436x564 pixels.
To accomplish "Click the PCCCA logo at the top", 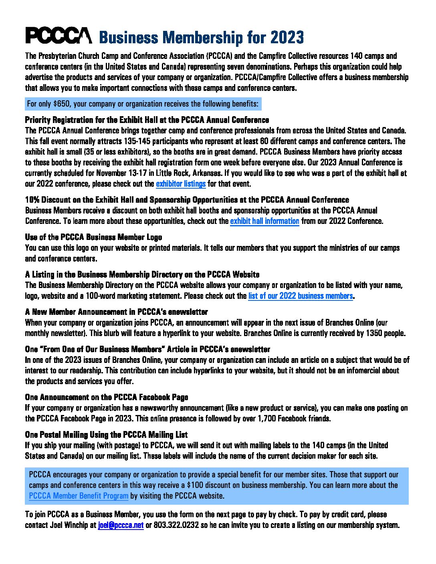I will click(59, 36).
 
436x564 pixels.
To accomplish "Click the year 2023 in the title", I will click(287, 38).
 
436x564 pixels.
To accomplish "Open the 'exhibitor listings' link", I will click(181, 184).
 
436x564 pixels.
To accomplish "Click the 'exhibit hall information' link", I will click(264, 221).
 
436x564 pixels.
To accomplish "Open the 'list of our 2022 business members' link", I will click(301, 296).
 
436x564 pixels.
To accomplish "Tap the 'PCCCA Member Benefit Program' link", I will click(79, 496).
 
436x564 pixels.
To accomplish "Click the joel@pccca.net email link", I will click(121, 525).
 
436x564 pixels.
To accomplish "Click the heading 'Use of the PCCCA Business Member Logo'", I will click(93, 237).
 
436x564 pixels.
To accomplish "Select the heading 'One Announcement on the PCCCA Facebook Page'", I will click(106, 397).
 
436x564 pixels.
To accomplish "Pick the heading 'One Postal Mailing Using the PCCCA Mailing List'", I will click(106, 435).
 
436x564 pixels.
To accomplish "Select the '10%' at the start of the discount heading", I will click(32, 200).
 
